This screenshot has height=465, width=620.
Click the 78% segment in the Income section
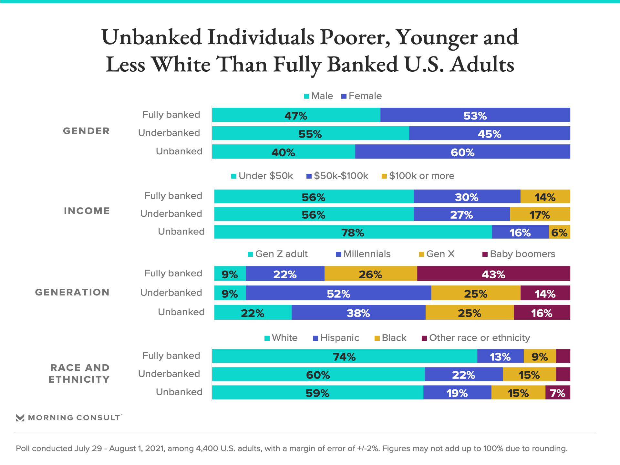pos(353,232)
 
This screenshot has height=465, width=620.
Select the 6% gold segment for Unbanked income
pos(559,232)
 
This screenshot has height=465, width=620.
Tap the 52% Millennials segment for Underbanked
pos(338,293)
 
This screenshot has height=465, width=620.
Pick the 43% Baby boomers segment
pos(493,274)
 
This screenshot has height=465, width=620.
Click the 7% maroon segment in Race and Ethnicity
pos(558,393)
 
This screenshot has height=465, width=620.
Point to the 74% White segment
pos(344,356)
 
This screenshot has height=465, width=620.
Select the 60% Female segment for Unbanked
pos(462,152)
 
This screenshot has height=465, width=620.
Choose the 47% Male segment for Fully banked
pos(296,115)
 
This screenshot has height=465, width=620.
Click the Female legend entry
pos(362,96)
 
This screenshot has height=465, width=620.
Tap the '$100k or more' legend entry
pos(418,176)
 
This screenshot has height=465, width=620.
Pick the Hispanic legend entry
pos(336,338)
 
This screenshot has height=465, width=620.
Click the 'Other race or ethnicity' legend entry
pos(476,338)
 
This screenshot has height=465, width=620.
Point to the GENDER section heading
pos(86,131)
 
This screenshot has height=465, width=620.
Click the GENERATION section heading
pos(72,292)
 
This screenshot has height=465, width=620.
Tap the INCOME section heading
pos(87,211)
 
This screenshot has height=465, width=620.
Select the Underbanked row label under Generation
pos(171,293)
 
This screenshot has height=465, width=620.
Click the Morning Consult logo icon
pos(20,418)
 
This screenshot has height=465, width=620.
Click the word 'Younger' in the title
pos(437,37)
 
